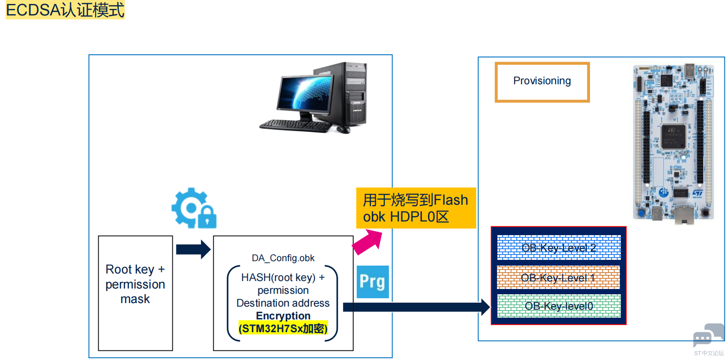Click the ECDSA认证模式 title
point(65,10)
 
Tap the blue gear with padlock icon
point(194,208)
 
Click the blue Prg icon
point(373,281)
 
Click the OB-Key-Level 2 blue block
point(559,247)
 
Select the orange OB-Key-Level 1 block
point(558,277)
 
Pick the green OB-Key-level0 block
point(559,306)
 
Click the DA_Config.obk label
point(283,258)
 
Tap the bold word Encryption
point(283,316)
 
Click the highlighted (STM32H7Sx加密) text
point(283,328)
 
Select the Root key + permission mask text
point(135,284)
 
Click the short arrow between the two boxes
point(194,249)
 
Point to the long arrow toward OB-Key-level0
point(416,307)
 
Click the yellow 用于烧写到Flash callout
point(416,208)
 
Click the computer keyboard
point(295,126)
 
